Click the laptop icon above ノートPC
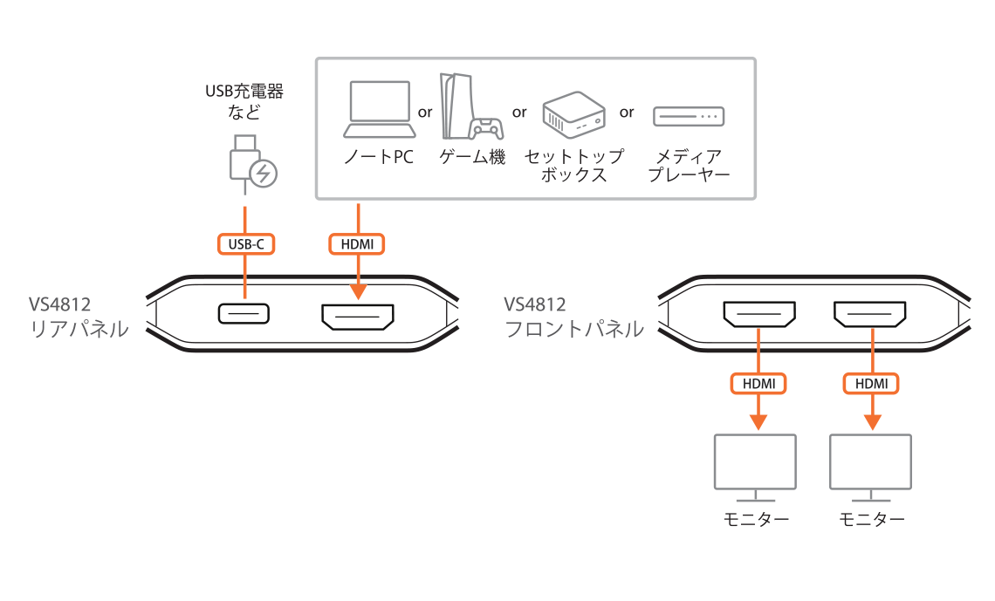[x=379, y=109]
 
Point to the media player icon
[x=689, y=115]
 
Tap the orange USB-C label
[x=246, y=244]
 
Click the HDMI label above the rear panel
[x=357, y=244]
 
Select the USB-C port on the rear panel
[x=244, y=313]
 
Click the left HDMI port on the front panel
[x=758, y=314]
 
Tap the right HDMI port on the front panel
[x=870, y=314]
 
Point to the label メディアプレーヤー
[x=689, y=165]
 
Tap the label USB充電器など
[x=244, y=100]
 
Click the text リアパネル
[x=79, y=330]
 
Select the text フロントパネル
[x=574, y=330]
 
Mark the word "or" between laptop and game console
[x=426, y=112]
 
